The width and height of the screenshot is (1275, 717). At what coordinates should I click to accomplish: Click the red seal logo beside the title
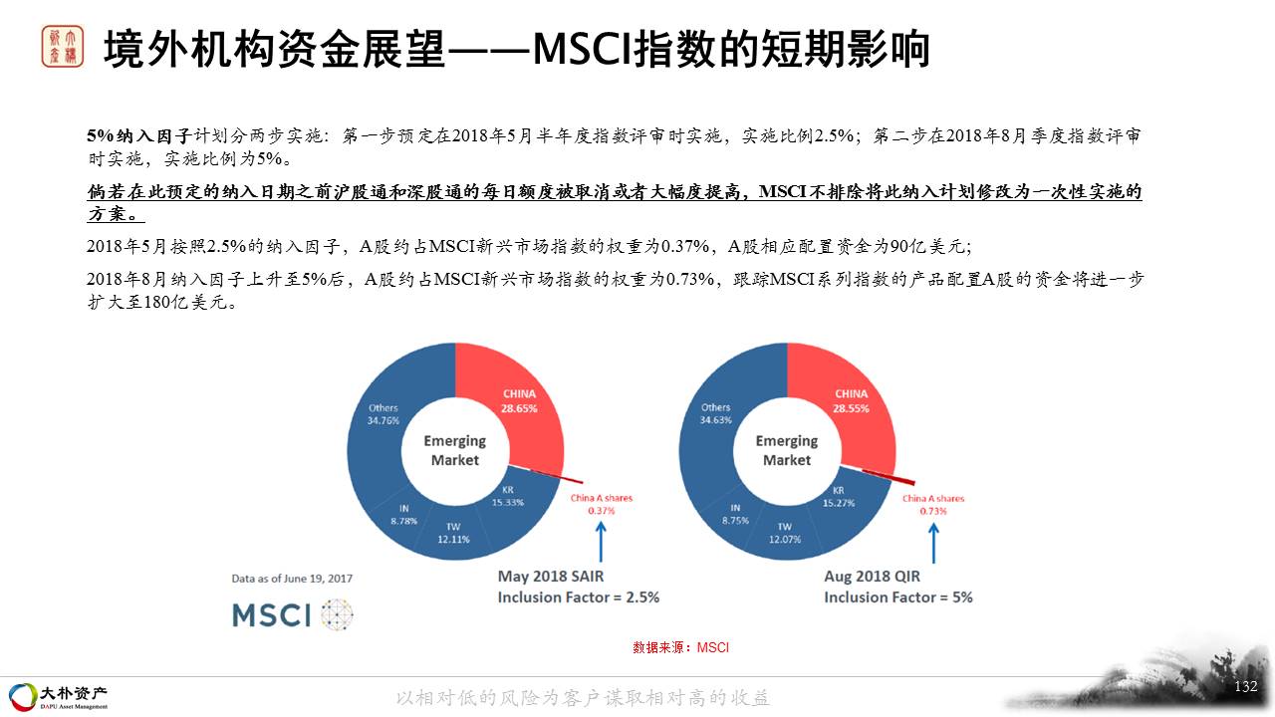tap(63, 47)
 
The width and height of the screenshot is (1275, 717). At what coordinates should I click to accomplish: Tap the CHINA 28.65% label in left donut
tap(519, 401)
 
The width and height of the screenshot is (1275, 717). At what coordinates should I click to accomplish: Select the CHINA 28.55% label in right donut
tap(851, 401)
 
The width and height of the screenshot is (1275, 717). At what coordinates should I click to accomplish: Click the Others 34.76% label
tap(383, 414)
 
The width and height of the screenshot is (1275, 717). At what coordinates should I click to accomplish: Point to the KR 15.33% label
tap(508, 496)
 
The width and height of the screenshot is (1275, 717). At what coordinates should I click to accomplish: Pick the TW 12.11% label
tap(453, 533)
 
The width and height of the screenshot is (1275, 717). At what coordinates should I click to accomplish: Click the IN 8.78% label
tap(403, 515)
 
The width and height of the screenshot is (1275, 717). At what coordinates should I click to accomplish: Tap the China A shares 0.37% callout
tap(602, 504)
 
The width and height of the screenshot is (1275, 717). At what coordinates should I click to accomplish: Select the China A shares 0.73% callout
tap(933, 505)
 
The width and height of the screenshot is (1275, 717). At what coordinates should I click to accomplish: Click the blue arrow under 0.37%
tap(601, 543)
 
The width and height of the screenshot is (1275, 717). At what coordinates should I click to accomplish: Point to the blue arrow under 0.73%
tap(933, 544)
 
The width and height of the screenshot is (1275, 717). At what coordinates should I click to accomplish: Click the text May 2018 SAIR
tap(551, 577)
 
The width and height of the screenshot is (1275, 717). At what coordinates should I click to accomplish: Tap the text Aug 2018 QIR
tap(872, 577)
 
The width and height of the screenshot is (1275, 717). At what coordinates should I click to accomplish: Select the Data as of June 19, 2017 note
tap(292, 579)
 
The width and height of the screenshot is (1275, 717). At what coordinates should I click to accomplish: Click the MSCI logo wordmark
tap(272, 615)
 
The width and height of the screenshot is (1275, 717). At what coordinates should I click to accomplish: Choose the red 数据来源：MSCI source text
tap(680, 647)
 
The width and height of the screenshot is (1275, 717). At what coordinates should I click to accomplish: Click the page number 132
tap(1245, 686)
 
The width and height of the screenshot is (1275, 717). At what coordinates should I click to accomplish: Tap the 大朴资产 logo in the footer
tap(59, 697)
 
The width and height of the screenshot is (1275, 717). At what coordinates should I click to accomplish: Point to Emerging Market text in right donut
tap(787, 450)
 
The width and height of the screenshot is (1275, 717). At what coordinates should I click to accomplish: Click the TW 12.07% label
tap(785, 533)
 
